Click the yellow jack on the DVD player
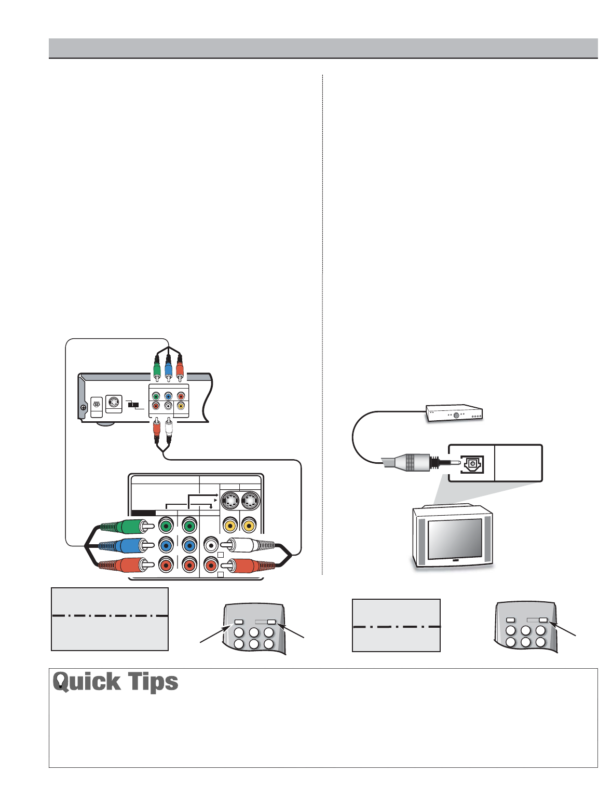point(181,406)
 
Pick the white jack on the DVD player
point(168,406)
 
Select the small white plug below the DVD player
point(168,430)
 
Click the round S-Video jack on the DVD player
point(114,403)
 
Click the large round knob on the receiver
point(456,415)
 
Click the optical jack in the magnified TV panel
point(472,463)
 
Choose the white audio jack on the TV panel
point(210,546)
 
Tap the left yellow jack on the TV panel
point(230,526)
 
